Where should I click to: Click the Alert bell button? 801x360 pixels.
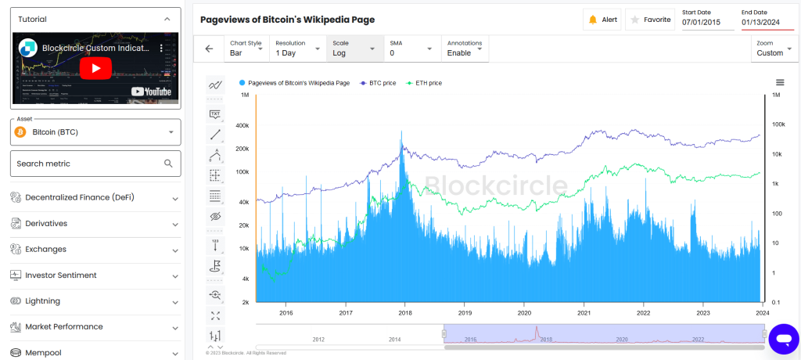pyautogui.click(x=602, y=20)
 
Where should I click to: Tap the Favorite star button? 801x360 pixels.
pyautogui.click(x=650, y=20)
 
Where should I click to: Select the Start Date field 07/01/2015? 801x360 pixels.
pyautogui.click(x=706, y=22)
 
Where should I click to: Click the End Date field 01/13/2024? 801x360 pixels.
pyautogui.click(x=767, y=22)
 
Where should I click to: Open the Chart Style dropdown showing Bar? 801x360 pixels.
pyautogui.click(x=246, y=49)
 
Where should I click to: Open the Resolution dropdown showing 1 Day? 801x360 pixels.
pyautogui.click(x=298, y=49)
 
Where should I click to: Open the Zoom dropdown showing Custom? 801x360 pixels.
pyautogui.click(x=774, y=49)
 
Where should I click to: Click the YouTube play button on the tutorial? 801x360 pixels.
pyautogui.click(x=95, y=68)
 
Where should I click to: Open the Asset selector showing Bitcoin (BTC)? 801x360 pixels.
pyautogui.click(x=95, y=132)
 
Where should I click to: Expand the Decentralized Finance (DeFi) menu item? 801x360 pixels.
pyautogui.click(x=95, y=197)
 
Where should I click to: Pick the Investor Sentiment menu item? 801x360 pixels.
pyautogui.click(x=95, y=275)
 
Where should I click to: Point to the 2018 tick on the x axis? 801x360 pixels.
pyautogui.click(x=405, y=311)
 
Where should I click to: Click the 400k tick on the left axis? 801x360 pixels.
pyautogui.click(x=242, y=125)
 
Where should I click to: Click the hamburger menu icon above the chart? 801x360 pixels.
pyautogui.click(x=780, y=82)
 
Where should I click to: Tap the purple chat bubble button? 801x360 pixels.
pyautogui.click(x=782, y=338)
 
